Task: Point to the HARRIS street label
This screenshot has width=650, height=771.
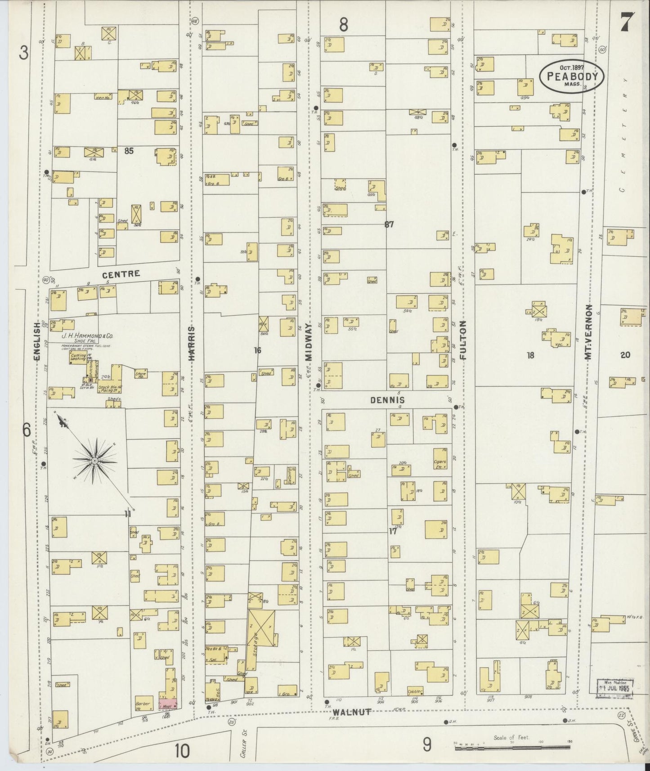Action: point(192,344)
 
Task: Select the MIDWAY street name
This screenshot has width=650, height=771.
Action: point(309,341)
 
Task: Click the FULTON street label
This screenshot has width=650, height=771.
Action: point(463,340)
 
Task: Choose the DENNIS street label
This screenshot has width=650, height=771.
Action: point(388,400)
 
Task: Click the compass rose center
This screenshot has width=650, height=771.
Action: point(95,461)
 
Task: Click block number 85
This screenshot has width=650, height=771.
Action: point(129,151)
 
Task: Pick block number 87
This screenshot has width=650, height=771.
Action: point(389,224)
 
